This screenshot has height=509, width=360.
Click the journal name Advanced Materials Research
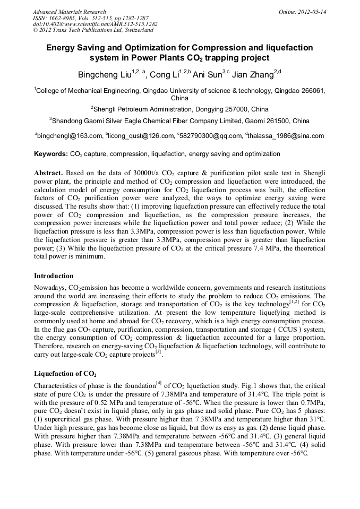[69, 11]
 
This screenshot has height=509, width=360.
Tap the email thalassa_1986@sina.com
[287, 136]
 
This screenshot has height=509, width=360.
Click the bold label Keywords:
[51, 154]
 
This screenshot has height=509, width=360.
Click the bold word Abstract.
[49, 174]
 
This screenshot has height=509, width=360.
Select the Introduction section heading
[54, 276]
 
